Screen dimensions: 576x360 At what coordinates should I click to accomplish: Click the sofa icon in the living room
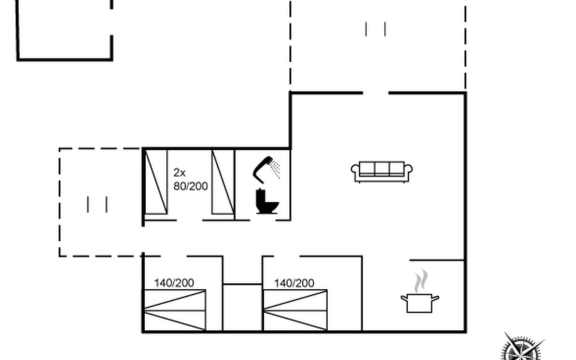382,172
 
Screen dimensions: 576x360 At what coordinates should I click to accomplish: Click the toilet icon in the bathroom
267,201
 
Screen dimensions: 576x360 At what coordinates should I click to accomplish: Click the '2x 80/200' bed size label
190,179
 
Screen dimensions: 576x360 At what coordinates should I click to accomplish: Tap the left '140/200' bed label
174,283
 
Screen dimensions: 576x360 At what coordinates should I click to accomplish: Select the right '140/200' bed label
294,283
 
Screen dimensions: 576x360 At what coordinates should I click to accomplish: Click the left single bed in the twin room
156,182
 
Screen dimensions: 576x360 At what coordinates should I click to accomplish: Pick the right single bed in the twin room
223,182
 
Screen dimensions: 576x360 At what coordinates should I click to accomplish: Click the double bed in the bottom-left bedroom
175,310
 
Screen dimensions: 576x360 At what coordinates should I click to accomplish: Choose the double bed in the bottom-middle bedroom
295,310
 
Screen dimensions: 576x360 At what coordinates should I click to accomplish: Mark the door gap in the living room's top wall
376,93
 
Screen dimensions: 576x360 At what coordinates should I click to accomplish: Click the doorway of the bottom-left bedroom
174,256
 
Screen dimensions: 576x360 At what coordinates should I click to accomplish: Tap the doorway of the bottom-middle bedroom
286,256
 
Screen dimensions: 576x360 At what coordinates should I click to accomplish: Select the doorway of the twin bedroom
189,220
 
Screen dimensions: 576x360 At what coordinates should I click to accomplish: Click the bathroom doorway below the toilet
263,220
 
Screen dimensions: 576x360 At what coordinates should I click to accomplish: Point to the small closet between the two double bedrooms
243,307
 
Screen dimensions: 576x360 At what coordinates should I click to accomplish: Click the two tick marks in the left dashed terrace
97,204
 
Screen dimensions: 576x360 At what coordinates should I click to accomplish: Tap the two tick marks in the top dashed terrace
375,29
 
